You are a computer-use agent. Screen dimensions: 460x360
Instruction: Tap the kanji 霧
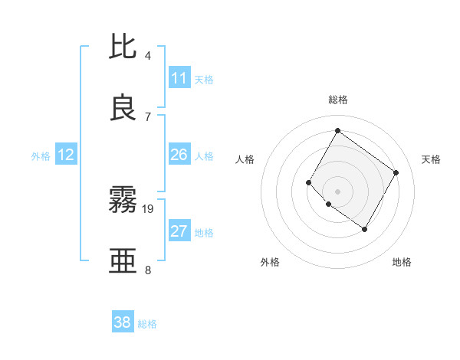click(x=123, y=201)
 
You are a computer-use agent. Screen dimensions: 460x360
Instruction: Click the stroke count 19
click(x=149, y=208)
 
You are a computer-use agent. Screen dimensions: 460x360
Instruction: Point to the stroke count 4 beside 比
click(x=148, y=56)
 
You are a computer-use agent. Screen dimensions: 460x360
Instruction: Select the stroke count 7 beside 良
click(x=148, y=116)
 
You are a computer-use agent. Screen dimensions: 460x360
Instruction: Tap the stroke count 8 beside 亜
click(x=148, y=270)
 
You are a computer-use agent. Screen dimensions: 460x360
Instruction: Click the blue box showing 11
click(x=179, y=78)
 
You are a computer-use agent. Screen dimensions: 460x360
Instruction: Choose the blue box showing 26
click(x=179, y=155)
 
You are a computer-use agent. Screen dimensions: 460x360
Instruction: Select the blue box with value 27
click(x=179, y=231)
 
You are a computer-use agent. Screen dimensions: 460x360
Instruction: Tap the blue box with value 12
click(x=66, y=155)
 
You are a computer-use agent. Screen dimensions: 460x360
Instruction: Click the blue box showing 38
click(x=123, y=322)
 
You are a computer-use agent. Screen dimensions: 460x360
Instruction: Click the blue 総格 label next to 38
click(x=147, y=324)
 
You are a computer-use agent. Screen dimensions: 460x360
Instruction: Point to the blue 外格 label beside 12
click(x=41, y=156)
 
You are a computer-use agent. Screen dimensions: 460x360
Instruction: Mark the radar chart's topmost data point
click(x=337, y=130)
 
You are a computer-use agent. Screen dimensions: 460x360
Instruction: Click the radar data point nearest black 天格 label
click(x=396, y=172)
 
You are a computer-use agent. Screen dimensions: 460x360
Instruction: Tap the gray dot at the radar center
click(x=337, y=191)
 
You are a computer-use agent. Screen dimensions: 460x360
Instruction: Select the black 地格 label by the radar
click(x=402, y=262)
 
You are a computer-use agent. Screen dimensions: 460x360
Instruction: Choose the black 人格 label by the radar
click(x=245, y=159)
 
